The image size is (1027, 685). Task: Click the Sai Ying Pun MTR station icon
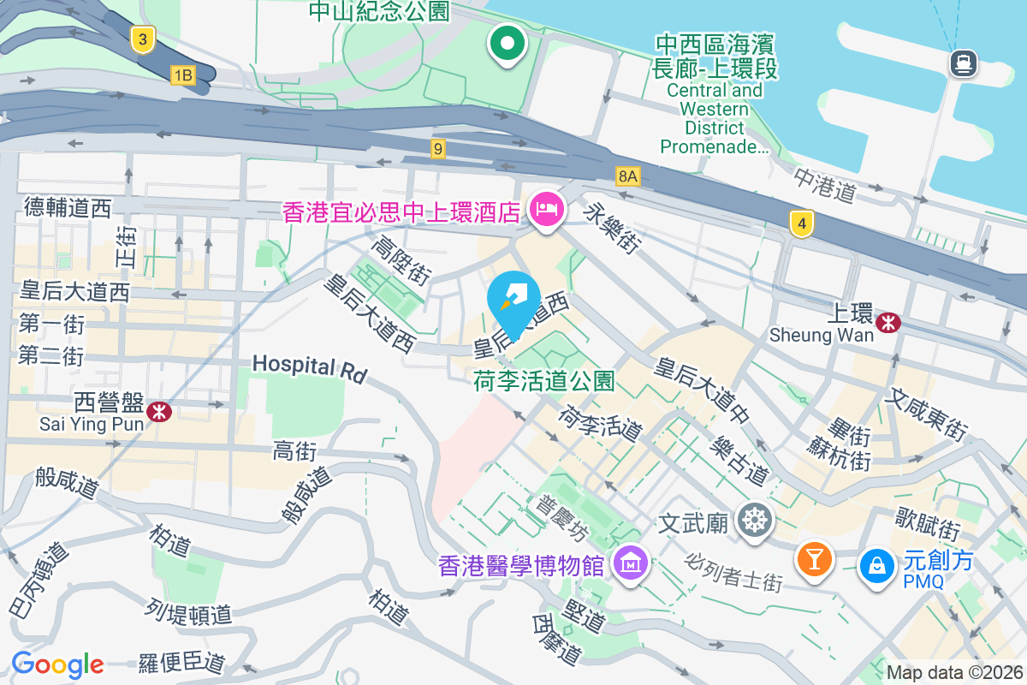[x=158, y=412]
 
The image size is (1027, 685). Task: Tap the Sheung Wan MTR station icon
[x=889, y=322]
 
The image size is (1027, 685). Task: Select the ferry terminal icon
[x=964, y=63]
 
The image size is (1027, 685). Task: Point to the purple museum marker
[x=632, y=564]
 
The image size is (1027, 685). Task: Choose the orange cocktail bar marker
[x=814, y=560]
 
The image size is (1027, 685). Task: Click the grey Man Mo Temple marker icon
[x=753, y=520]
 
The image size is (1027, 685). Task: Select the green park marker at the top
[x=508, y=43]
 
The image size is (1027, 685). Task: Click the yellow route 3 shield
[x=143, y=39]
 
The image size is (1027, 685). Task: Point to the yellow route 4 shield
[x=801, y=224]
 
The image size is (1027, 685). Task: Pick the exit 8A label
[x=628, y=176]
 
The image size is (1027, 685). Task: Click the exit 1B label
[x=182, y=75]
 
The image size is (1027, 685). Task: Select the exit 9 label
[x=438, y=149]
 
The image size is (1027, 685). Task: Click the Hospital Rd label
[x=309, y=368]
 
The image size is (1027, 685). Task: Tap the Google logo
[x=57, y=664]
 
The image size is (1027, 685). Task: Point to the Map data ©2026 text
[x=954, y=672]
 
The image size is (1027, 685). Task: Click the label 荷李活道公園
[x=544, y=381]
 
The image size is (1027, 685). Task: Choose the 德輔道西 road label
[x=68, y=208]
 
